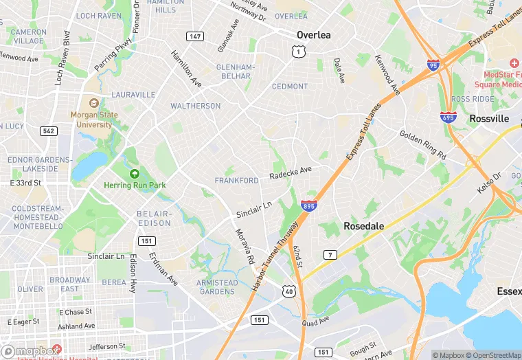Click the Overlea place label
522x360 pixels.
pyautogui.click(x=313, y=34)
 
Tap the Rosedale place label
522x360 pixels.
pyautogui.click(x=363, y=225)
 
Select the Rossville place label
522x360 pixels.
pyautogui.click(x=489, y=118)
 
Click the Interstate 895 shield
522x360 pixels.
pyautogui.click(x=308, y=205)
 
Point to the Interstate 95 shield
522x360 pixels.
pyautogui.click(x=433, y=65)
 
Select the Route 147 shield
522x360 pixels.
pyautogui.click(x=194, y=35)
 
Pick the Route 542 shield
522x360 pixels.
pyautogui.click(x=48, y=131)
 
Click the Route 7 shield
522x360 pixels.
pyautogui.click(x=330, y=255)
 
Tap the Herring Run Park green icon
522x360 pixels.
pyautogui.click(x=134, y=173)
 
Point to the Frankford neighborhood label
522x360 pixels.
pyautogui.click(x=236, y=181)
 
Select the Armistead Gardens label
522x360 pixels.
pyautogui.click(x=217, y=286)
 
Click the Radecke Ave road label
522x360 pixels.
pyautogui.click(x=291, y=173)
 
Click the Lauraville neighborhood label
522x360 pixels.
pyautogui.click(x=133, y=94)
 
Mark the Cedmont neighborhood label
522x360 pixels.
pyautogui.click(x=290, y=87)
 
